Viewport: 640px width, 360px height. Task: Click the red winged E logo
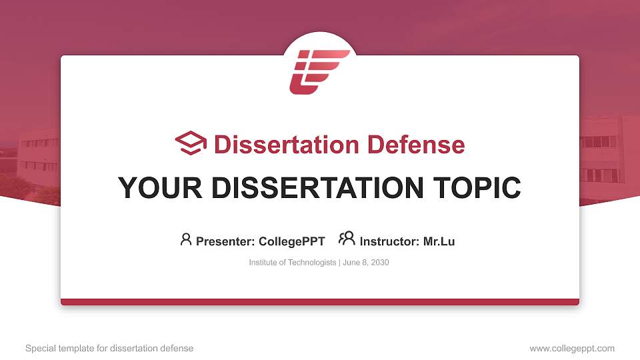pyautogui.click(x=319, y=71)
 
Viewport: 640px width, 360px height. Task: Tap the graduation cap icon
pyautogui.click(x=191, y=143)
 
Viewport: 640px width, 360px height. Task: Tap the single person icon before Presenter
pyautogui.click(x=186, y=239)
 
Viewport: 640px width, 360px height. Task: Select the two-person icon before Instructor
pyautogui.click(x=347, y=239)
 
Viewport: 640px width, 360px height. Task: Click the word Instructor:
pyautogui.click(x=389, y=241)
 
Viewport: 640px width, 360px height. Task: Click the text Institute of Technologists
pyautogui.click(x=293, y=263)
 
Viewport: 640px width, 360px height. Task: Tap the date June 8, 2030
pyautogui.click(x=366, y=263)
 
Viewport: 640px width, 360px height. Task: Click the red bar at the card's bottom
pyautogui.click(x=320, y=302)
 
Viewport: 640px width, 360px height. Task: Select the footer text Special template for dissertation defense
pyautogui.click(x=109, y=348)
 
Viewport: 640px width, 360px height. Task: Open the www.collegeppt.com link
pyautogui.click(x=572, y=348)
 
